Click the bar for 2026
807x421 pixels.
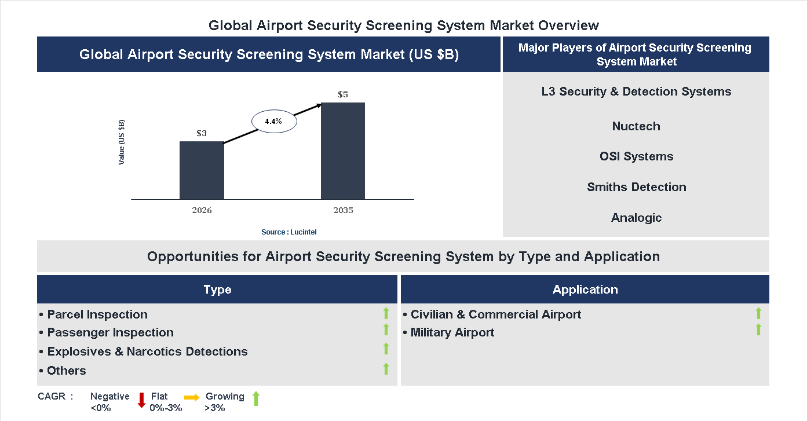[202, 170]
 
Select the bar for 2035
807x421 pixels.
[343, 151]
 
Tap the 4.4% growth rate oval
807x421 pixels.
[273, 122]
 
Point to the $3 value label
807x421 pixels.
[202, 133]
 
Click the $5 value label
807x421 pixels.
[343, 94]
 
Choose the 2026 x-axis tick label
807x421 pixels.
[202, 210]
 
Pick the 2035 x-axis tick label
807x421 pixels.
[343, 210]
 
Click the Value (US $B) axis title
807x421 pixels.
[122, 142]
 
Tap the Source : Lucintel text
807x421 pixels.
[289, 232]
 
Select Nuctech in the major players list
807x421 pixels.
[636, 126]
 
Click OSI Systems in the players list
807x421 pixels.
[636, 156]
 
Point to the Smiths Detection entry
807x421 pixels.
[636, 187]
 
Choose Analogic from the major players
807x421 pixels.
[636, 218]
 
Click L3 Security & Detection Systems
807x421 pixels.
[636, 91]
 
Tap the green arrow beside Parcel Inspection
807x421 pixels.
[386, 314]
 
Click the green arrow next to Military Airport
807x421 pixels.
[758, 330]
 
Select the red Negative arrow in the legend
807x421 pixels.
[141, 400]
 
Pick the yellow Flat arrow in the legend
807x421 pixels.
[192, 397]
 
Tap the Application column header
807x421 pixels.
[585, 290]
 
